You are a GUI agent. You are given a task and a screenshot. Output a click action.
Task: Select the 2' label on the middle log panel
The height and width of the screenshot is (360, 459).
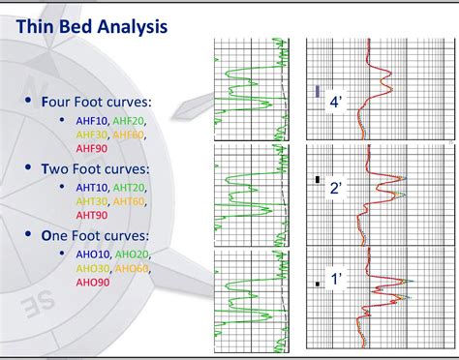pos(335,189)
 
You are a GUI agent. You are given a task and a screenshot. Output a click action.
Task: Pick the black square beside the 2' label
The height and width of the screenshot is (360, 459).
pos(317,179)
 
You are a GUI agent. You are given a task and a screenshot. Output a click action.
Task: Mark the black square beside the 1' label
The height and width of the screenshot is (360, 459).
pos(317,284)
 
